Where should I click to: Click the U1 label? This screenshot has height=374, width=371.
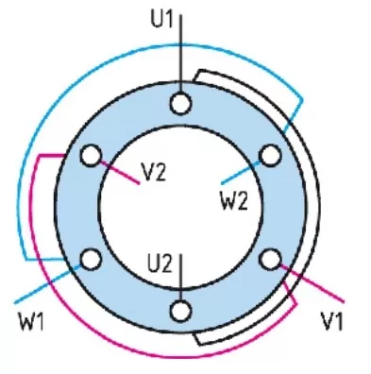(x=161, y=19)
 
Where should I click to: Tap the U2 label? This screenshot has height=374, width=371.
(x=160, y=263)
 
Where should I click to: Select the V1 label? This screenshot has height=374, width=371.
(x=332, y=321)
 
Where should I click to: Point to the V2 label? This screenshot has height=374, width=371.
(x=154, y=172)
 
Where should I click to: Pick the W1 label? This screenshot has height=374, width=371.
(x=31, y=321)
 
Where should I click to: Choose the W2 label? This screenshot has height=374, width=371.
(x=234, y=201)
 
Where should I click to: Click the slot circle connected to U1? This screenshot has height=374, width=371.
(x=180, y=103)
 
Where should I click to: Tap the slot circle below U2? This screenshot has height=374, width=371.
(x=180, y=311)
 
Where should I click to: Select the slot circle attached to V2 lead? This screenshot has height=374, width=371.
(x=92, y=155)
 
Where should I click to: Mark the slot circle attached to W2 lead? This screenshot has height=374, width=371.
(x=270, y=155)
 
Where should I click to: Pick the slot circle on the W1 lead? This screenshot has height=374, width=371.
(x=92, y=259)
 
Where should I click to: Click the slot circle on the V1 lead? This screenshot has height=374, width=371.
(x=270, y=259)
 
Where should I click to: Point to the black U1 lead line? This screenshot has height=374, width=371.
(x=180, y=53)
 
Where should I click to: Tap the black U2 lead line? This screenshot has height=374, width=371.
(x=180, y=277)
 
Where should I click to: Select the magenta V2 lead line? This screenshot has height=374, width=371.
(x=120, y=173)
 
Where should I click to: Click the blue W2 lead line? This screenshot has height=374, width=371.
(x=242, y=173)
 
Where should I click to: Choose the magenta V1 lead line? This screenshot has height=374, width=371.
(x=312, y=283)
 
